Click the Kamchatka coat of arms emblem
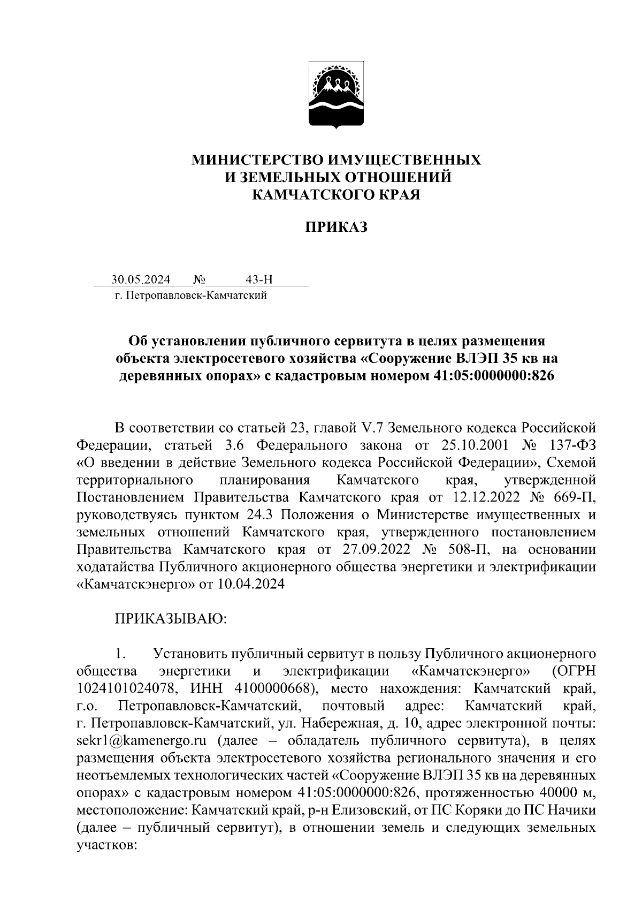[x=337, y=95]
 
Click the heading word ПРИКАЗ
[x=337, y=228]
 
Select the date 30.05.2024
[x=141, y=279]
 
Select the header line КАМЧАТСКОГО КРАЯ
[x=337, y=195]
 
